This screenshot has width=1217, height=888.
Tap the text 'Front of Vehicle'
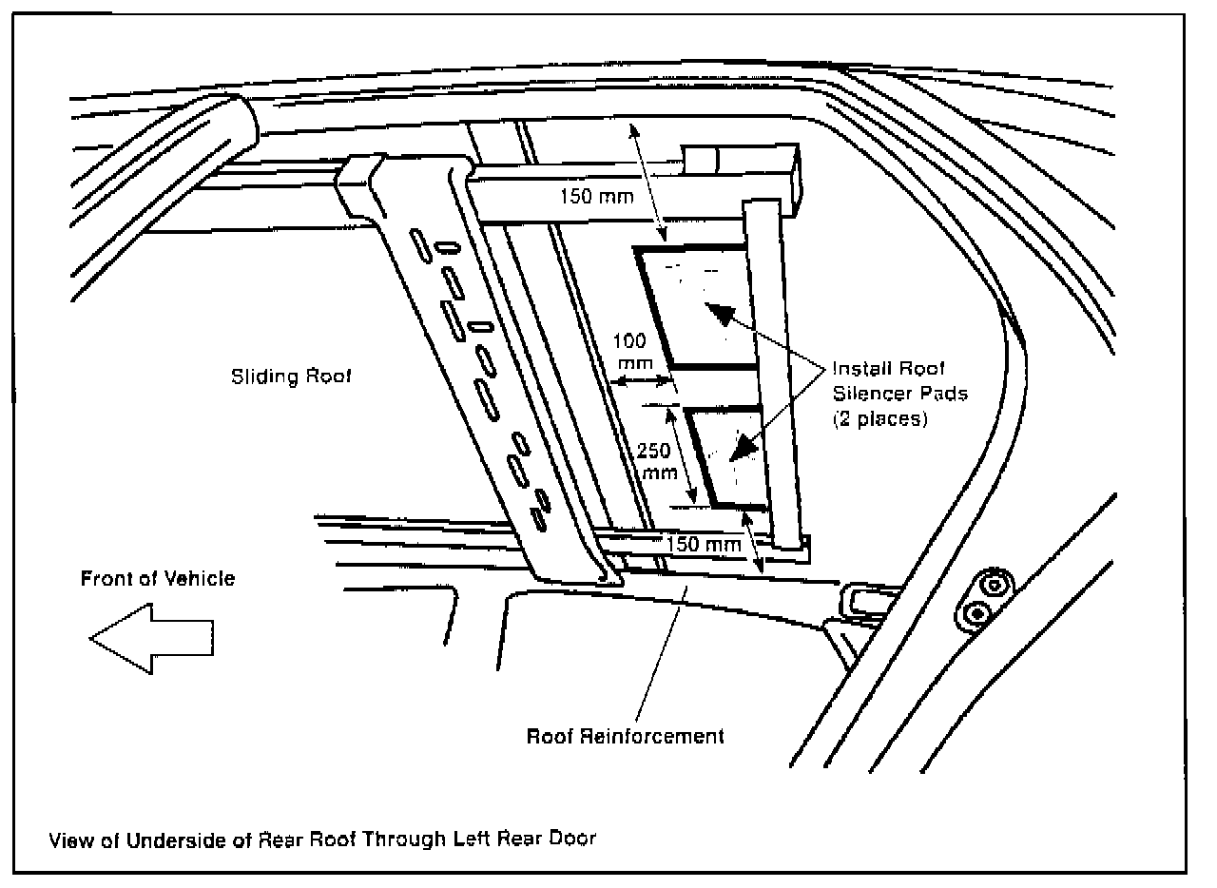pyautogui.click(x=157, y=578)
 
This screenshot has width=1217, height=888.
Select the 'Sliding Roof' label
pyautogui.click(x=291, y=376)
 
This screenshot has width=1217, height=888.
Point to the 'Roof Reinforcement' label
pyautogui.click(x=626, y=735)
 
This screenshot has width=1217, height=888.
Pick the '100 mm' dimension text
pyautogui.click(x=636, y=350)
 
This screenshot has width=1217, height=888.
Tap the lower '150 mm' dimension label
pyautogui.click(x=703, y=545)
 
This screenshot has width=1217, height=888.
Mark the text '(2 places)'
pyautogui.click(x=879, y=417)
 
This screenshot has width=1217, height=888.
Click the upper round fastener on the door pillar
pyautogui.click(x=995, y=582)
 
